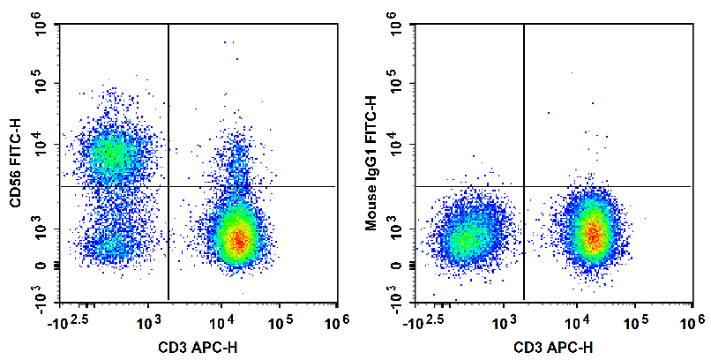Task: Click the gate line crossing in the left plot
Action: (168, 186)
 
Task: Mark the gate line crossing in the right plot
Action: (524, 186)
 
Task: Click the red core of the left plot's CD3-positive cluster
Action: (237, 239)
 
